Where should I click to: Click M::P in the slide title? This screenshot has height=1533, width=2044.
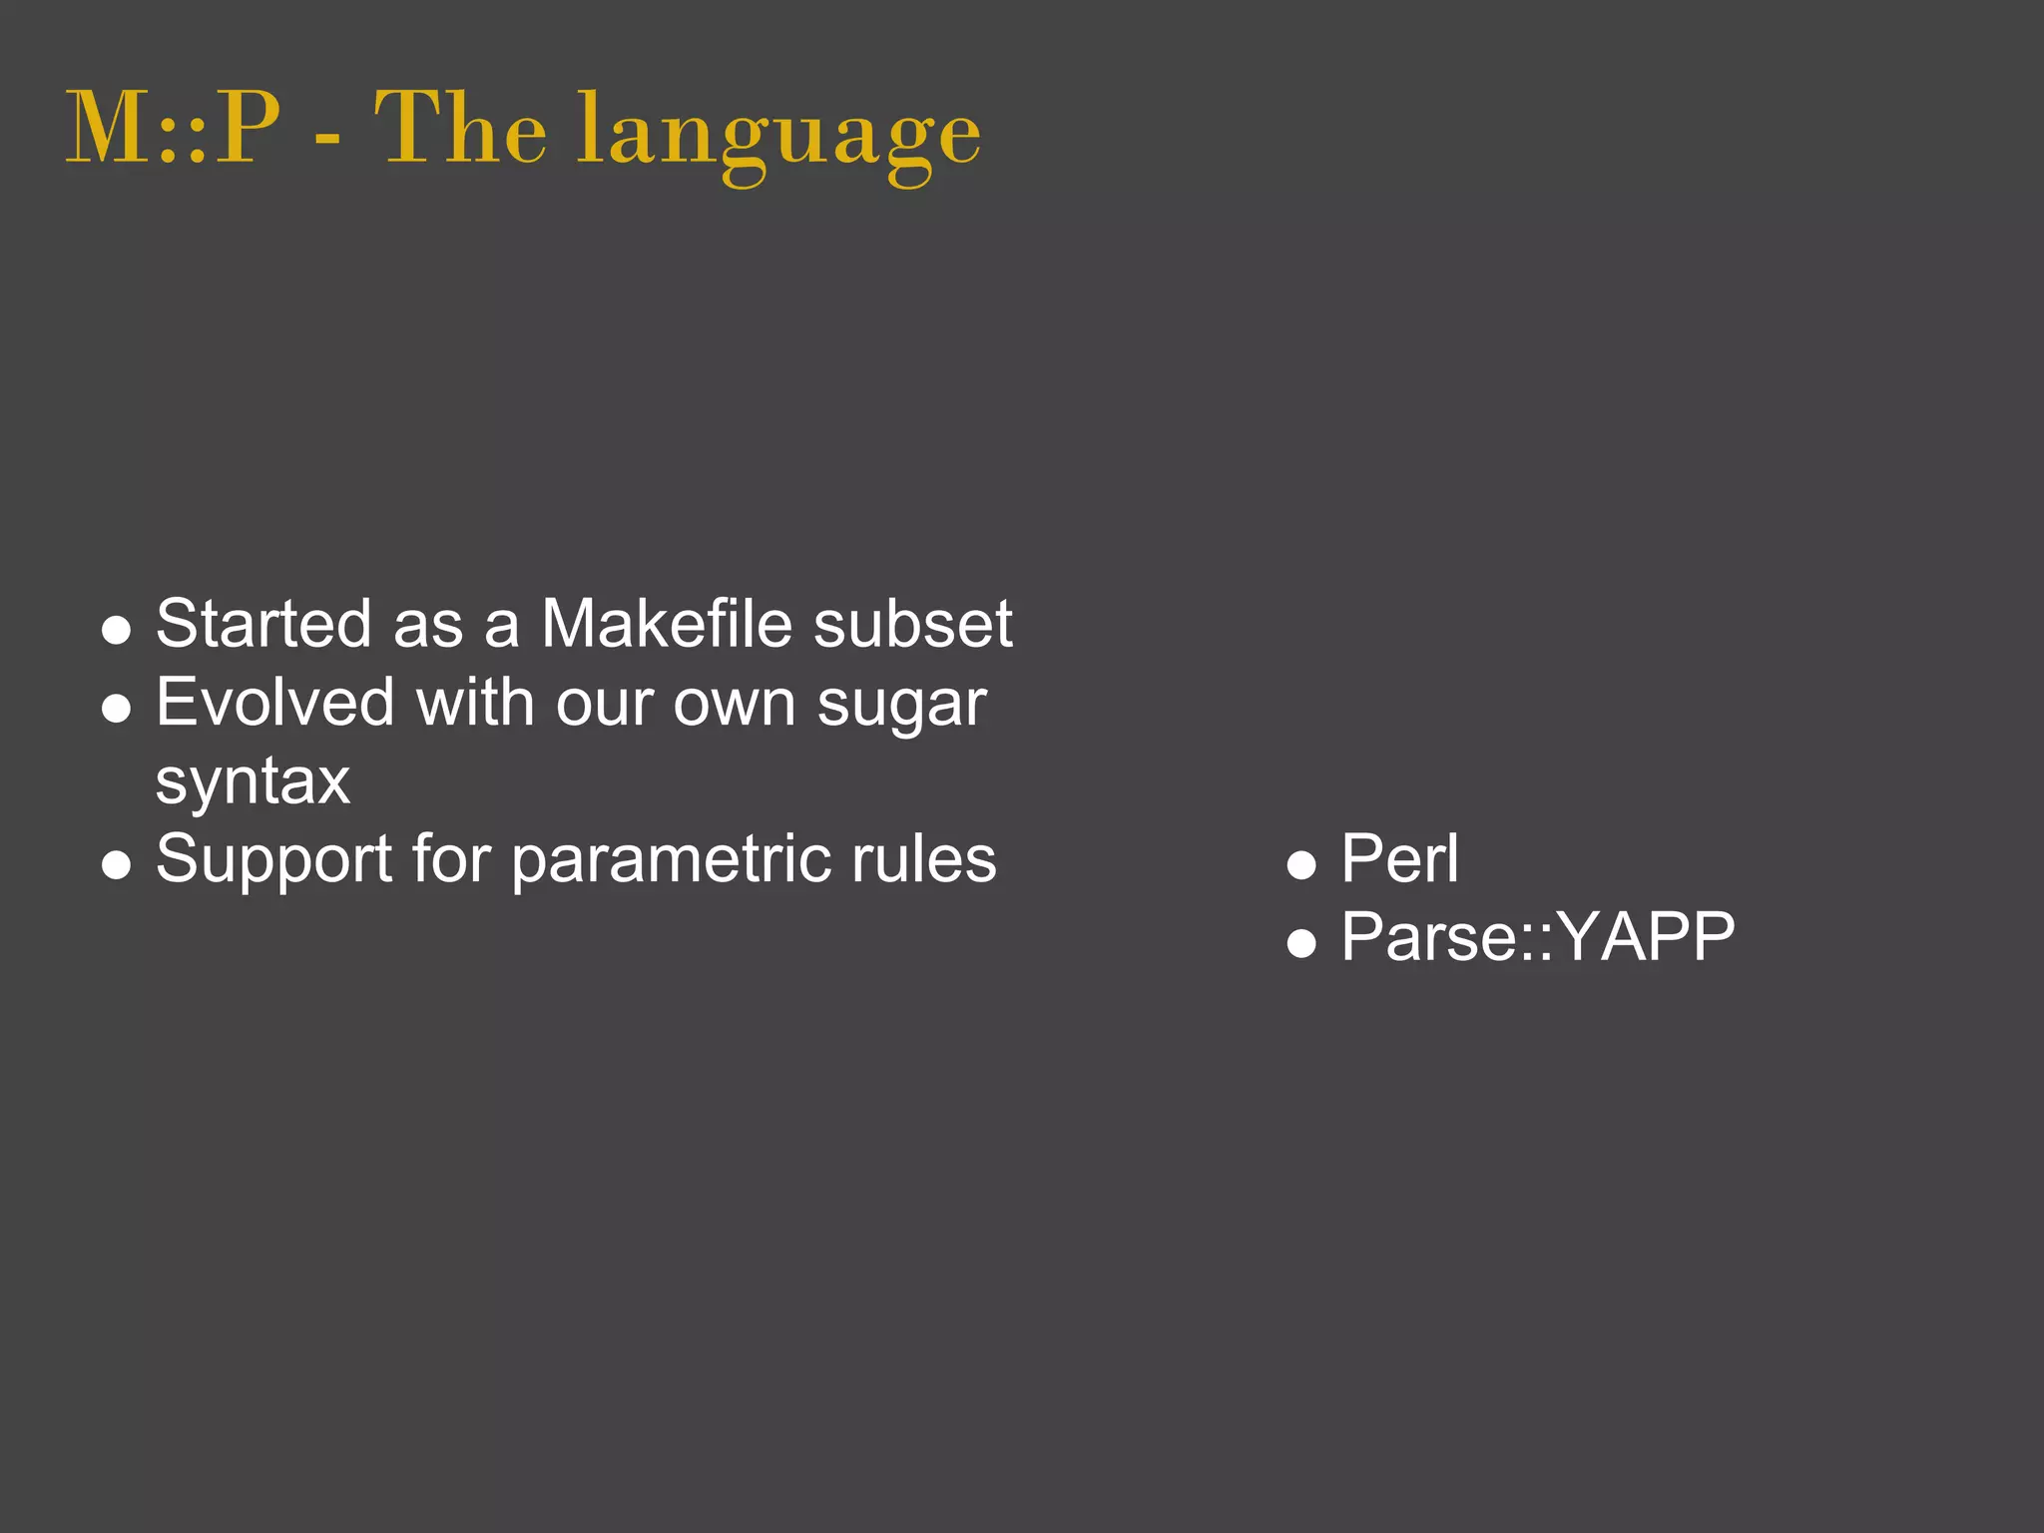173,130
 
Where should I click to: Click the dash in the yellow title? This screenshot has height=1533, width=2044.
327,140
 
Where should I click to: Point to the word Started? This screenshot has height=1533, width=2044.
263,624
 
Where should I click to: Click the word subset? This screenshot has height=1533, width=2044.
912,624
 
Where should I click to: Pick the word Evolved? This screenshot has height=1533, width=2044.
275,702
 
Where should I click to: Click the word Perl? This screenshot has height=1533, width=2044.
1399,858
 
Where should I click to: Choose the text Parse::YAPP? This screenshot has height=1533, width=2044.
1537,938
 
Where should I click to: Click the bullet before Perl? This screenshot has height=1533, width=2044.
1301,864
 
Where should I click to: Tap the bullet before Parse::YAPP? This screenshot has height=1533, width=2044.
1301,942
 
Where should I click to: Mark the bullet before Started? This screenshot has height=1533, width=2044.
117,630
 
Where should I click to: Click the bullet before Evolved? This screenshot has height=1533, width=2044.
117,708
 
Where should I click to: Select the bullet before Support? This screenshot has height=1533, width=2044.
117,864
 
